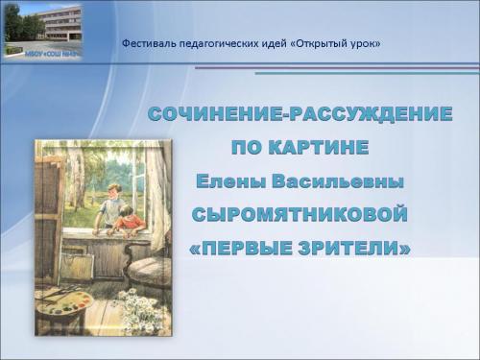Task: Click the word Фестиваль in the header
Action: [148, 44]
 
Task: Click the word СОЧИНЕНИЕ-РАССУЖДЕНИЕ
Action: [300, 115]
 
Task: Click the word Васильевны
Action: [338, 180]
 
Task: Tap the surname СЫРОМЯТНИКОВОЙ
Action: [300, 214]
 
